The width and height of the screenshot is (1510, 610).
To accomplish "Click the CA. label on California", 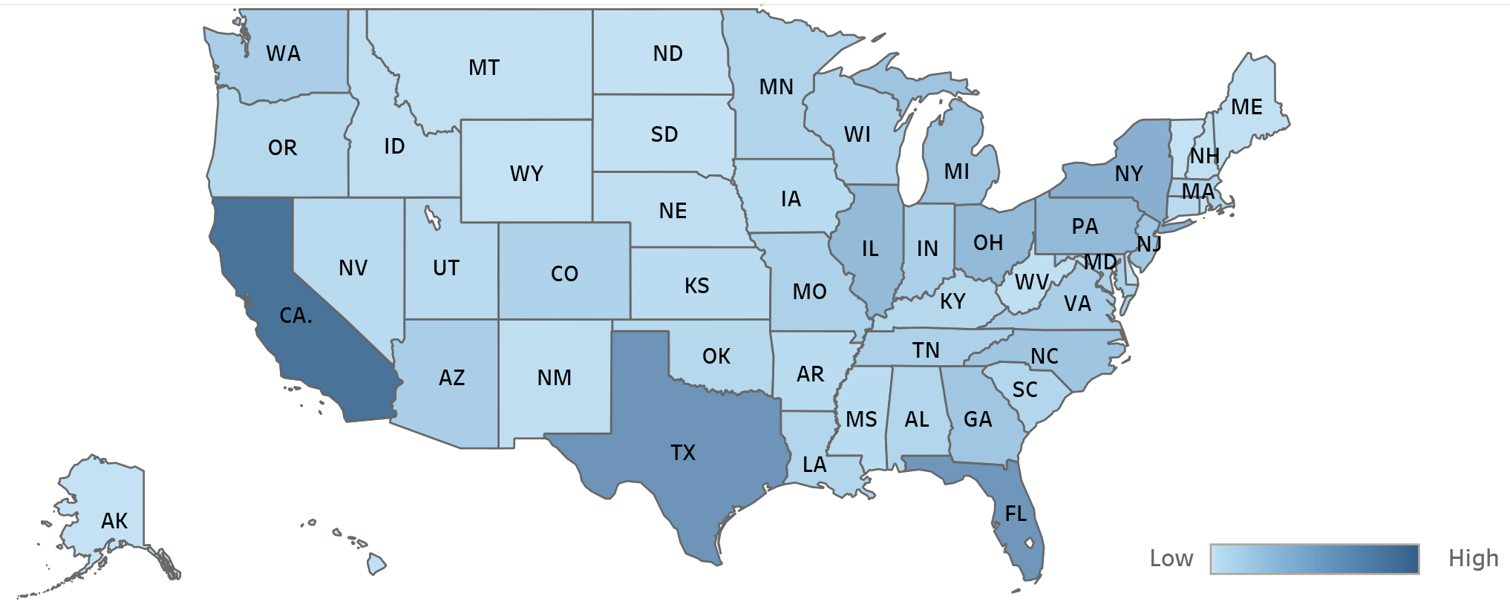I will pyautogui.click(x=295, y=316).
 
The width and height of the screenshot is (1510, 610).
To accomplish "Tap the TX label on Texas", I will pyautogui.click(x=682, y=453).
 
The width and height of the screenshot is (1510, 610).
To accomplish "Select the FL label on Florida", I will pyautogui.click(x=1015, y=514).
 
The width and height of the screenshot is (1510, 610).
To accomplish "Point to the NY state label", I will pyautogui.click(x=1128, y=174).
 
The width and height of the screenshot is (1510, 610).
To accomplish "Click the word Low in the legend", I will pyautogui.click(x=1171, y=559).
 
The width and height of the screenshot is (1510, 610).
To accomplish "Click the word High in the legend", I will pyautogui.click(x=1473, y=558).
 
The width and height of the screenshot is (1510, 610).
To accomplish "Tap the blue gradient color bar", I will pyautogui.click(x=1314, y=559).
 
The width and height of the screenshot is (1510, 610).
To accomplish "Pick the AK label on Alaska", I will pyautogui.click(x=114, y=521).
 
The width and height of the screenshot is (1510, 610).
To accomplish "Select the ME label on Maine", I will pyautogui.click(x=1246, y=108).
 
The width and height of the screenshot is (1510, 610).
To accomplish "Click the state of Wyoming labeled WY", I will pyautogui.click(x=526, y=174).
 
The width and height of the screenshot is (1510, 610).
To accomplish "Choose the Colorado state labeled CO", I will pyautogui.click(x=564, y=274).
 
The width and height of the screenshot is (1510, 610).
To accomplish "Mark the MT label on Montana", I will pyautogui.click(x=484, y=68).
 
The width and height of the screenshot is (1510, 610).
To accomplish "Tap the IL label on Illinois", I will pyautogui.click(x=869, y=249).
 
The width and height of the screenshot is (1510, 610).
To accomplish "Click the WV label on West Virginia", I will pyautogui.click(x=1031, y=283).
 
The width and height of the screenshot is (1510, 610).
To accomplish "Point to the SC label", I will pyautogui.click(x=1024, y=390).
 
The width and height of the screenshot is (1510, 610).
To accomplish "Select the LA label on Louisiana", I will pyautogui.click(x=814, y=465).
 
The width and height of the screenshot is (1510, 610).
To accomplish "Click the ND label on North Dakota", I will pyautogui.click(x=667, y=53).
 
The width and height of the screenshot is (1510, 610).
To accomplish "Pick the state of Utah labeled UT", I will pyautogui.click(x=446, y=268).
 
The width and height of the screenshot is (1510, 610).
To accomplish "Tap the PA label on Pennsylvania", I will pyautogui.click(x=1085, y=226).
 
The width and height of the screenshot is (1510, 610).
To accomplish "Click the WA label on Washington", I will pyautogui.click(x=283, y=53).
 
